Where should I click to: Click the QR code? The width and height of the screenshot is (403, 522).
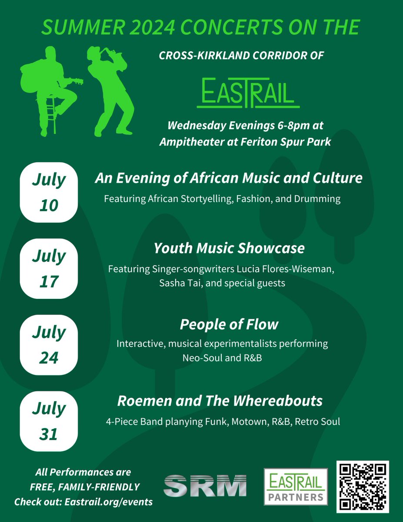(x=363, y=487)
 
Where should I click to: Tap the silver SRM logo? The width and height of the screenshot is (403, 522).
(x=205, y=485)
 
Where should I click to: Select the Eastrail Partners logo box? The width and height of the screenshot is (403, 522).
(x=296, y=487)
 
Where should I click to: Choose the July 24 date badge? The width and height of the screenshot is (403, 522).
(x=49, y=345)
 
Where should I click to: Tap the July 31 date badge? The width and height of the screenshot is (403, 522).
(x=49, y=421)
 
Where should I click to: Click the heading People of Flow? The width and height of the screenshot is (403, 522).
(x=229, y=325)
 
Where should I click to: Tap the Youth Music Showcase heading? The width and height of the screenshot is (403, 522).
(x=229, y=248)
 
